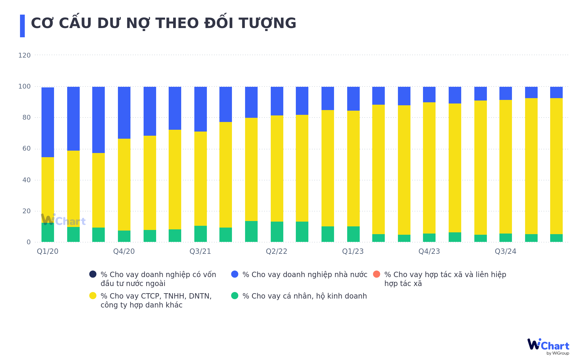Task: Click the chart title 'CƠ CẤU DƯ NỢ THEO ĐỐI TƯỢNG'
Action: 163,23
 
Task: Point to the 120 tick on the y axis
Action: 24,55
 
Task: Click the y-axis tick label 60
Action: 26,149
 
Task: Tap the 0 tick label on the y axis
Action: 28,242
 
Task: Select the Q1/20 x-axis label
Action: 47,251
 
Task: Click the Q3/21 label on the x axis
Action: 200,251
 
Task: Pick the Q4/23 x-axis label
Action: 429,251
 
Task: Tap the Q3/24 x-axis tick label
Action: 505,251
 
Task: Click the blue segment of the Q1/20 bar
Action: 48,122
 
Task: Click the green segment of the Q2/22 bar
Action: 277,232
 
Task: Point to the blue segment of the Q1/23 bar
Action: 353,99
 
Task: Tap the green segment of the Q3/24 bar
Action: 506,238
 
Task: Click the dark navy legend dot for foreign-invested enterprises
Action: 93,274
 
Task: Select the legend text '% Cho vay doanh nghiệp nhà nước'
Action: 305,275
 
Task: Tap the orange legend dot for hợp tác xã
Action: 377,274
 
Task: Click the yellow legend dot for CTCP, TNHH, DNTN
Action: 93,296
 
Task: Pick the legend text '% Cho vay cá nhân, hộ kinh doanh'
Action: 304,296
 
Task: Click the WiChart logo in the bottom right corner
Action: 548,346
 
